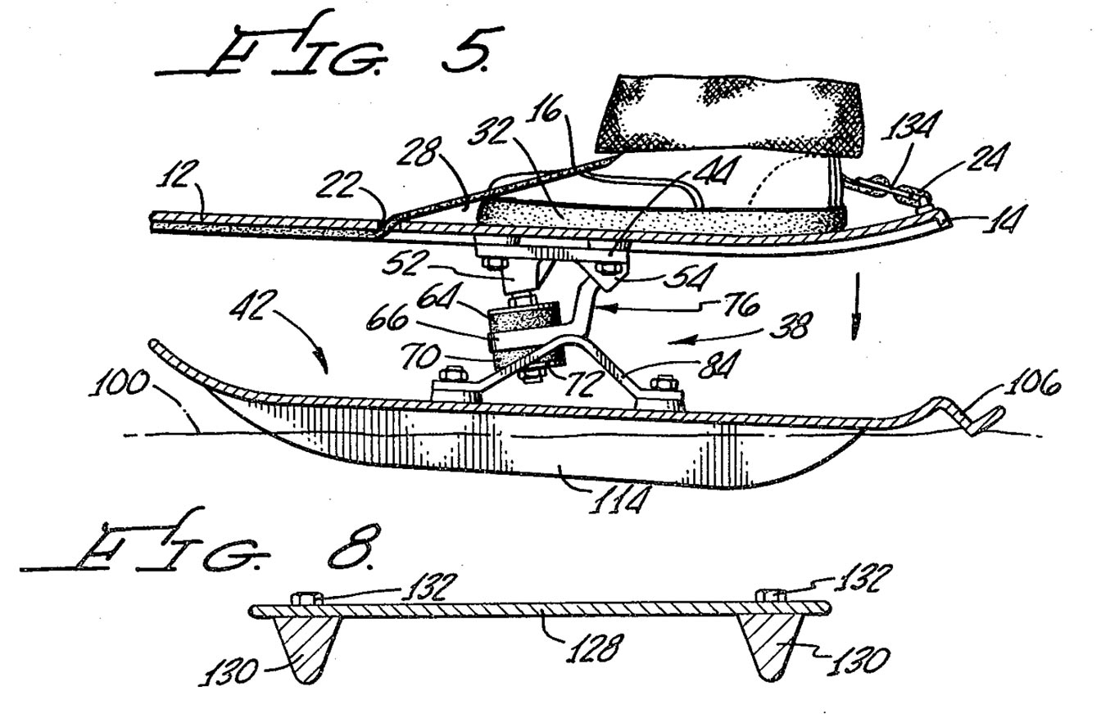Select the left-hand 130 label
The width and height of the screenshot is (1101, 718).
click(229, 671)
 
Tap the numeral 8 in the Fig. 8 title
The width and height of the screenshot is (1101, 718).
click(352, 545)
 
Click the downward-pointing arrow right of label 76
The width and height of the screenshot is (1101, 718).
click(857, 307)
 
